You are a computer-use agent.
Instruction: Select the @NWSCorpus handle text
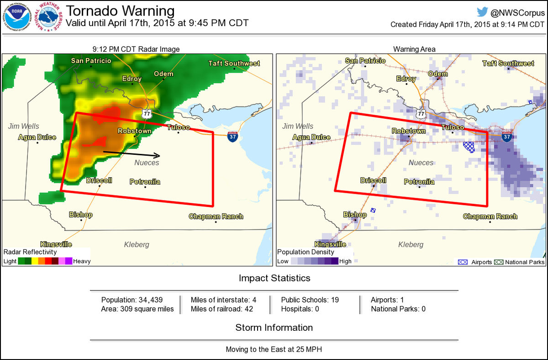[518, 12]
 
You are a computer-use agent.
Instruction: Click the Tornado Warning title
[121, 11]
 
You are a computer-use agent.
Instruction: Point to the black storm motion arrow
[132, 154]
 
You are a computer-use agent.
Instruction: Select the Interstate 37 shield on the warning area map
[506, 136]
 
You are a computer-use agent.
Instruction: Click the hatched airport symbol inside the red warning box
[469, 147]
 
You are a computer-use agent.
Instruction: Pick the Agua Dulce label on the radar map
[37, 137]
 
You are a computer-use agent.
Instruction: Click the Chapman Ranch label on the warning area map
[490, 217]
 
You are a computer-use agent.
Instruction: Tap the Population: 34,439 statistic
[132, 300]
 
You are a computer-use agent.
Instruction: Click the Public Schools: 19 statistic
[310, 300]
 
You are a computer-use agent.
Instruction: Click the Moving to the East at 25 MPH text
[274, 349]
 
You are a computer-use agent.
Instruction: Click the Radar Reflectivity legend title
[30, 252]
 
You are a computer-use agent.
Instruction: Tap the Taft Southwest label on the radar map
[234, 64]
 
